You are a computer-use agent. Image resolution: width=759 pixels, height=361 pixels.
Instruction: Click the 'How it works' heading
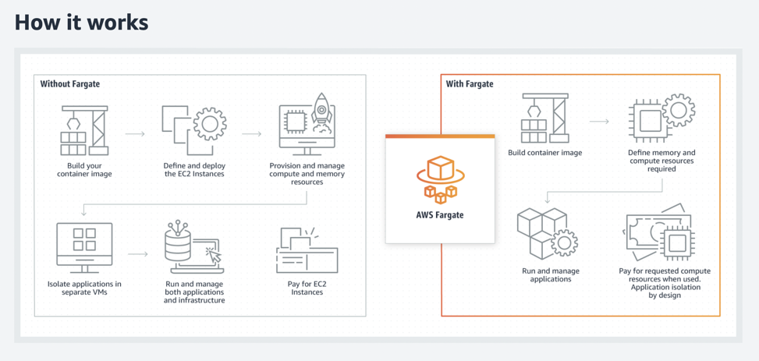pos(81,23)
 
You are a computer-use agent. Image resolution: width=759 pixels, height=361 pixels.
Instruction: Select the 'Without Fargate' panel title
pos(70,83)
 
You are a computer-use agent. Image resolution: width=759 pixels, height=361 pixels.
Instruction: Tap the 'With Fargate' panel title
pos(470,83)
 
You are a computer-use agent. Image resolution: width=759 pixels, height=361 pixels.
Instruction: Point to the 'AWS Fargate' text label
pos(440,214)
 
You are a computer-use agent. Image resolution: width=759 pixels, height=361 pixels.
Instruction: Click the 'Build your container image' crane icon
pos(84,130)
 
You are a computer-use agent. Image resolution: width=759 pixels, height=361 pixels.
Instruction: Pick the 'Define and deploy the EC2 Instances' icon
pos(194,129)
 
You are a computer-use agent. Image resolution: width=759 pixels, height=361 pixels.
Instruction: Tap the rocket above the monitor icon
pos(321,111)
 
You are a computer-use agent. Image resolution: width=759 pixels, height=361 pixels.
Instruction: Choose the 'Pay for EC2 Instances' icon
pos(307,250)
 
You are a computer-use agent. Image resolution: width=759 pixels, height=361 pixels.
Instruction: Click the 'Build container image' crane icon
pos(544,119)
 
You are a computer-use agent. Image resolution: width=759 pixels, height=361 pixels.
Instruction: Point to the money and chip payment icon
pos(660,233)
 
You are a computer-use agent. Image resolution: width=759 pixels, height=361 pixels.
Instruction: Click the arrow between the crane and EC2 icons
pos(136,134)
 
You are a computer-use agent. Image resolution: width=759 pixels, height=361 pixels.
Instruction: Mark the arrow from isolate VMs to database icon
pos(138,254)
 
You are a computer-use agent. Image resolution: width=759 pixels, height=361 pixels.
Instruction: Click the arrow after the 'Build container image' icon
pos(599,122)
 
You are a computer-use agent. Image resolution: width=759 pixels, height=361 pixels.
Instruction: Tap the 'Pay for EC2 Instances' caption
pos(307,288)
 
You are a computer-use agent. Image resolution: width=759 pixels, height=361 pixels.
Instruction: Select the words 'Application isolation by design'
pos(664,292)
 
